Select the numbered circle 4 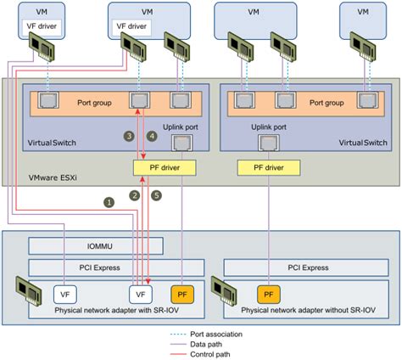click(x=153, y=136)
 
